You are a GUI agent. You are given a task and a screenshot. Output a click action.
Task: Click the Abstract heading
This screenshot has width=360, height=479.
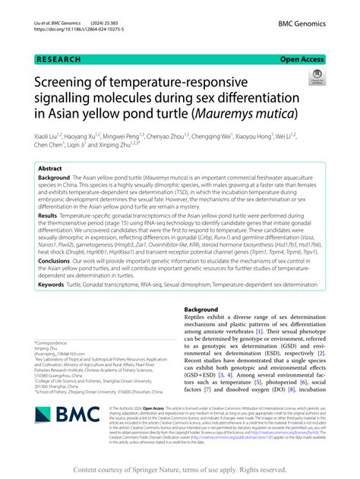[x=50, y=169]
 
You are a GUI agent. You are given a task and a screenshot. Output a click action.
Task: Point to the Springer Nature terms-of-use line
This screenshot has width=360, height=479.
[x=180, y=468]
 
